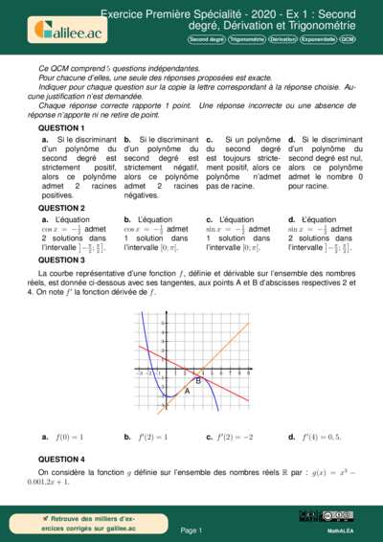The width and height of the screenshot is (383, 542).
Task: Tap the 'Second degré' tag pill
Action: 206,40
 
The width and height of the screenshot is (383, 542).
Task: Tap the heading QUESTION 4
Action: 61,459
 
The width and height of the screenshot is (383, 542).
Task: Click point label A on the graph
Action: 187,391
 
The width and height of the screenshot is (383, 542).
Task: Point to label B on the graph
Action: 197,381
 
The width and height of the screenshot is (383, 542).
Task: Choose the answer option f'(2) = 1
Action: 148,437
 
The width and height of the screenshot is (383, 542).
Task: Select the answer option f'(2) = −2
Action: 233,437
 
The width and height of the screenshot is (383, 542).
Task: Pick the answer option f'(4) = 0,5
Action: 315,437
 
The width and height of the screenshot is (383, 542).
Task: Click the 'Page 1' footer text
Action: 191,529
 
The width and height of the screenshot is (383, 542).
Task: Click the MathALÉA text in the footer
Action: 342,529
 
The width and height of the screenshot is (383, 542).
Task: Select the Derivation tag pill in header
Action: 282,40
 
